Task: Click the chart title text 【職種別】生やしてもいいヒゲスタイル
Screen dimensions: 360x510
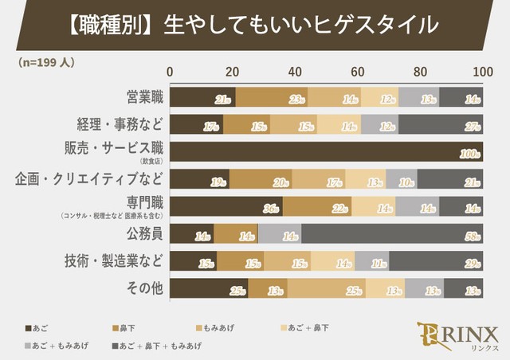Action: tap(255, 25)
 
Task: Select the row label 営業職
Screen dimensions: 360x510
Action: tap(144, 97)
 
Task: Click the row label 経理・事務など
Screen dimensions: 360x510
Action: tap(118, 124)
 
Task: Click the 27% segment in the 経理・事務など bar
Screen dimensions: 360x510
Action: tap(440, 125)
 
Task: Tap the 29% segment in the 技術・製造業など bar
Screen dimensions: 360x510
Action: tap(436, 260)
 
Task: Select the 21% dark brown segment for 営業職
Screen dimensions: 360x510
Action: tap(202, 97)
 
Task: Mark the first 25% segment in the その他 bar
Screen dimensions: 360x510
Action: tap(209, 288)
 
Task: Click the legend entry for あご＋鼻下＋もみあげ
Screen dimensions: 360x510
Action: tap(159, 345)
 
